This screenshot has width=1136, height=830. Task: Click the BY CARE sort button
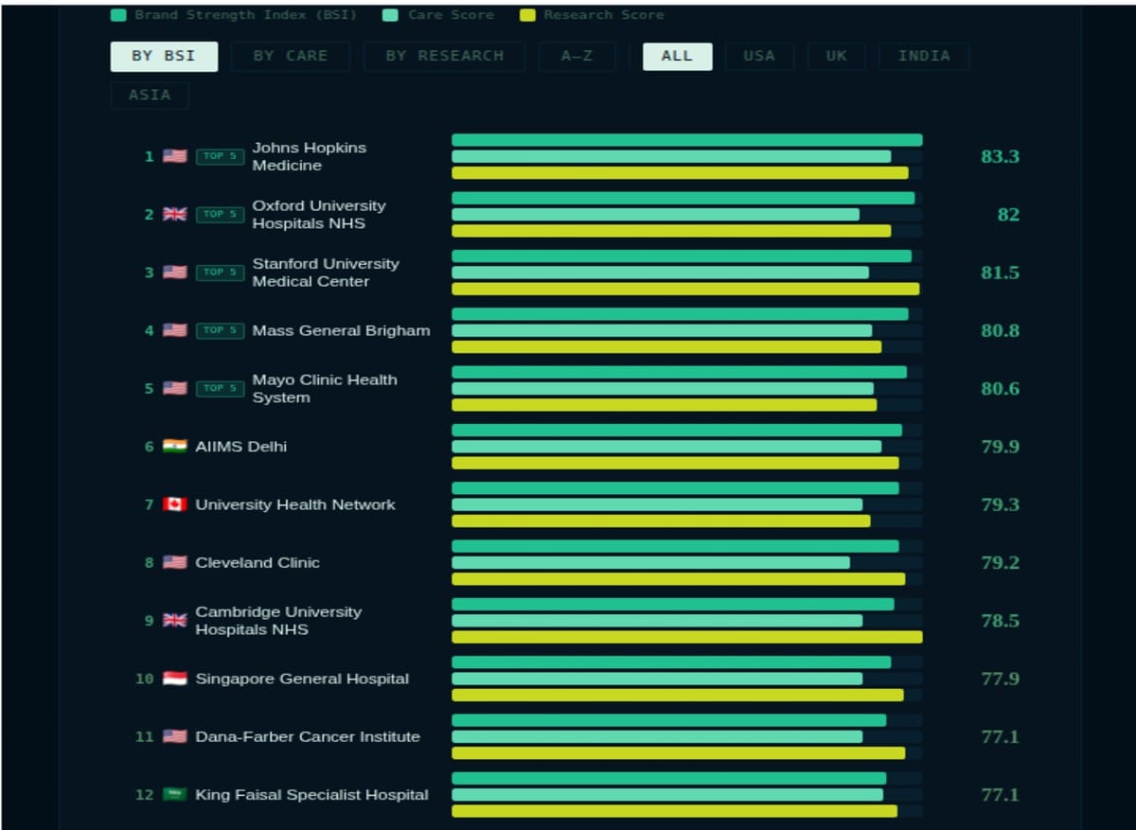tap(290, 56)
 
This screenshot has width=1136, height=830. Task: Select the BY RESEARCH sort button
tap(444, 56)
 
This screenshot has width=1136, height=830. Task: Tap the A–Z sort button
tap(577, 56)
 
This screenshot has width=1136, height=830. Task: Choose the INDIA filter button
tap(923, 56)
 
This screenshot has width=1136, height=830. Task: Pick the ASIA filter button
tap(150, 95)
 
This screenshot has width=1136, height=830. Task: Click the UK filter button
tap(836, 56)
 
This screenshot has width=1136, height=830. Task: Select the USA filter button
tap(758, 56)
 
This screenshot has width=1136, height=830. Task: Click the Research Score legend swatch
tap(527, 15)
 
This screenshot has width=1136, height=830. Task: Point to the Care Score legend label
tap(451, 15)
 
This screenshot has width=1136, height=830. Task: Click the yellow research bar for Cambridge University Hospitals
tap(686, 637)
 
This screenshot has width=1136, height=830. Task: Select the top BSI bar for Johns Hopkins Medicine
tap(686, 140)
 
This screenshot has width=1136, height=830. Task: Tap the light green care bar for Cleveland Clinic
tap(650, 562)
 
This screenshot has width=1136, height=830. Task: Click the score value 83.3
tap(1000, 156)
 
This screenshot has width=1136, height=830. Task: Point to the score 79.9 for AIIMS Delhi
tap(1000, 446)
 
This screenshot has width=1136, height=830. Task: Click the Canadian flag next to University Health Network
tap(174, 504)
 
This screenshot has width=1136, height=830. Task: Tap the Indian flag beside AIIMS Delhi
tap(174, 446)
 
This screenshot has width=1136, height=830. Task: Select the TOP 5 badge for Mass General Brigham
tap(220, 330)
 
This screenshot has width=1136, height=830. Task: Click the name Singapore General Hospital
tap(302, 679)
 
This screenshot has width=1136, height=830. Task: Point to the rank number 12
tap(144, 795)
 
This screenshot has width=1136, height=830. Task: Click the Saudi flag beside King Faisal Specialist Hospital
tap(174, 794)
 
